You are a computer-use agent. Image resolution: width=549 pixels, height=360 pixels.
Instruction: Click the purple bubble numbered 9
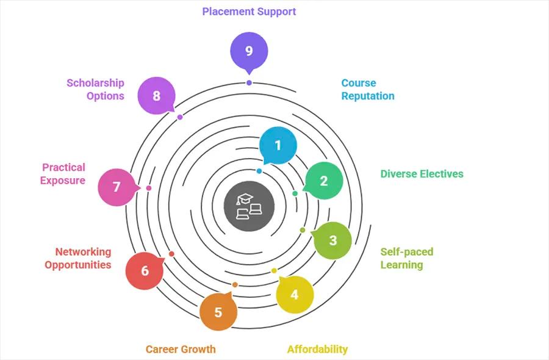[x=249, y=51]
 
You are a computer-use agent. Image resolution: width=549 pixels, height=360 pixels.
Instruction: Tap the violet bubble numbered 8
[x=157, y=96]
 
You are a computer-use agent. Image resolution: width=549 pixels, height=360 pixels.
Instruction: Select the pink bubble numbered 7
[x=117, y=187]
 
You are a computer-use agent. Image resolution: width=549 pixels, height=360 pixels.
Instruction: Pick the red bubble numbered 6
[x=145, y=270]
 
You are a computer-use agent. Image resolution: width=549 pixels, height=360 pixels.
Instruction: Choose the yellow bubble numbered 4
[x=295, y=295]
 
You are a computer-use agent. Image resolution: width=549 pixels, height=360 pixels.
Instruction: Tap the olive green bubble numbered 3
[x=332, y=240]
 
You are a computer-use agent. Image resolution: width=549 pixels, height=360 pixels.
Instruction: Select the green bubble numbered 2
[x=324, y=181]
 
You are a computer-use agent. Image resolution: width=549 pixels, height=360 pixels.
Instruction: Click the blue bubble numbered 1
[x=278, y=146]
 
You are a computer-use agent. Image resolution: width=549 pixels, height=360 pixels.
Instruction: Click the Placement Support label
[x=249, y=12]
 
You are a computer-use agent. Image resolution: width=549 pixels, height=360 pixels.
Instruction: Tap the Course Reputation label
[x=367, y=89]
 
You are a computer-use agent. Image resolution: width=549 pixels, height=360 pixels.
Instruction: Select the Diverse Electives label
[x=422, y=174]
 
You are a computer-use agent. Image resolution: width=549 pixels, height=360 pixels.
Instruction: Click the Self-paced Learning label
[x=406, y=258]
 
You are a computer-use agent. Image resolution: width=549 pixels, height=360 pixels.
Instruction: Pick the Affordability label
[x=317, y=349]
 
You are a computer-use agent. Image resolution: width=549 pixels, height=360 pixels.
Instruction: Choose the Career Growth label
[x=181, y=349]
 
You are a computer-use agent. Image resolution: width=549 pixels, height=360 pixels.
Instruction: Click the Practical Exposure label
[x=63, y=174]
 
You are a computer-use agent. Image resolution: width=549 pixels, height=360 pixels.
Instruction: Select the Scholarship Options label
[x=95, y=89]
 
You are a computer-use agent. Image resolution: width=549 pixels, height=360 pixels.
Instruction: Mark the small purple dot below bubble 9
[x=249, y=82]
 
